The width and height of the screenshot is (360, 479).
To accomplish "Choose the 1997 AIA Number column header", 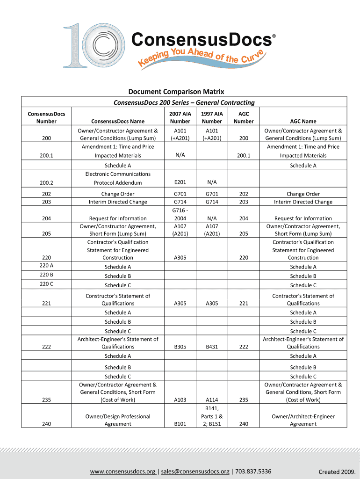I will (x=212, y=117).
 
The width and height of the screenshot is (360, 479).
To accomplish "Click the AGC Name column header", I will (x=303, y=122).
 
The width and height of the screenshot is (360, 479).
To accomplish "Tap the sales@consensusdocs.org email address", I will (x=195, y=471).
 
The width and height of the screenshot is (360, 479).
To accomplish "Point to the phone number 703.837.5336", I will (x=252, y=471).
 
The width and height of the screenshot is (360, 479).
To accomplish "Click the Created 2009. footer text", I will (x=335, y=472).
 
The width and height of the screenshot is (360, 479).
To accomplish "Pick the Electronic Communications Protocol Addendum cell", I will (x=118, y=178).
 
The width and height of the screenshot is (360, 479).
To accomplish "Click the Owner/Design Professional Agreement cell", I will (x=118, y=420).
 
